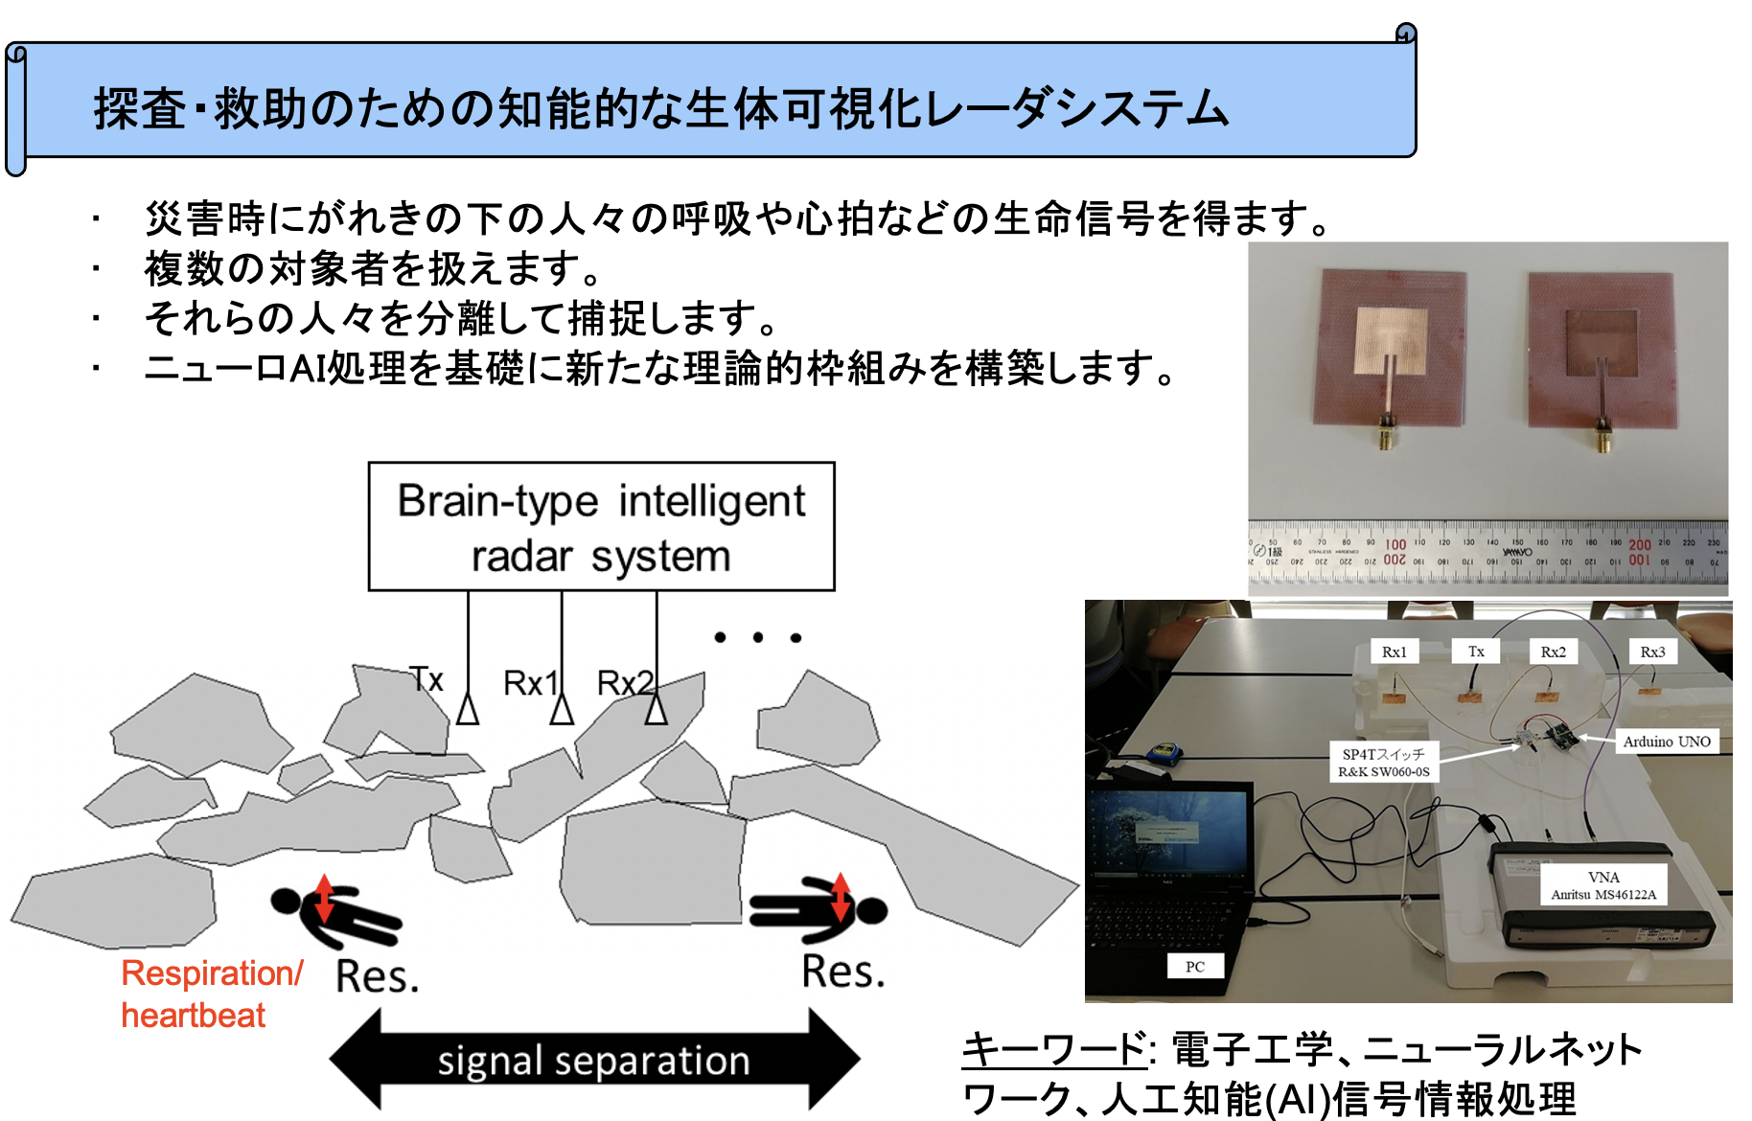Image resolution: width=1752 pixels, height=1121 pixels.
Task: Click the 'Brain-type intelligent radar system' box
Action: (601, 527)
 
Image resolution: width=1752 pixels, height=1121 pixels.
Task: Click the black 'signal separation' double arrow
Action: (594, 1061)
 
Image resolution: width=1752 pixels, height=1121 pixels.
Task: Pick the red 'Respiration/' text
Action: (212, 973)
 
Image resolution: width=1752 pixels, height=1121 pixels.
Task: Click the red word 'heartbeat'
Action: (193, 1016)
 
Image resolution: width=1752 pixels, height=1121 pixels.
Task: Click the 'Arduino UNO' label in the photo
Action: (1667, 742)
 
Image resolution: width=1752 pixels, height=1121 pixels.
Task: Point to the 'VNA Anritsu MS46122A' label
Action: (1603, 886)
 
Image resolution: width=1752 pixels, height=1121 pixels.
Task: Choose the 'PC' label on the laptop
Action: (1195, 967)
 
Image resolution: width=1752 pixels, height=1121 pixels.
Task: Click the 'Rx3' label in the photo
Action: (1652, 652)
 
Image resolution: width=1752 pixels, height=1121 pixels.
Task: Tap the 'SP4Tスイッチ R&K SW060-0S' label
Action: (1384, 763)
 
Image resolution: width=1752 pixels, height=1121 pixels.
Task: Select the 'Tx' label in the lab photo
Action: (1476, 652)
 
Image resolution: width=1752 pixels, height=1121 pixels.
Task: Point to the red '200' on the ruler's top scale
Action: (1640, 544)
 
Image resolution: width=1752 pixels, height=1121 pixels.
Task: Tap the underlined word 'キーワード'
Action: (1053, 1049)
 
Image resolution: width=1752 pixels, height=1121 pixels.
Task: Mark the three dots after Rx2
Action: (757, 637)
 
